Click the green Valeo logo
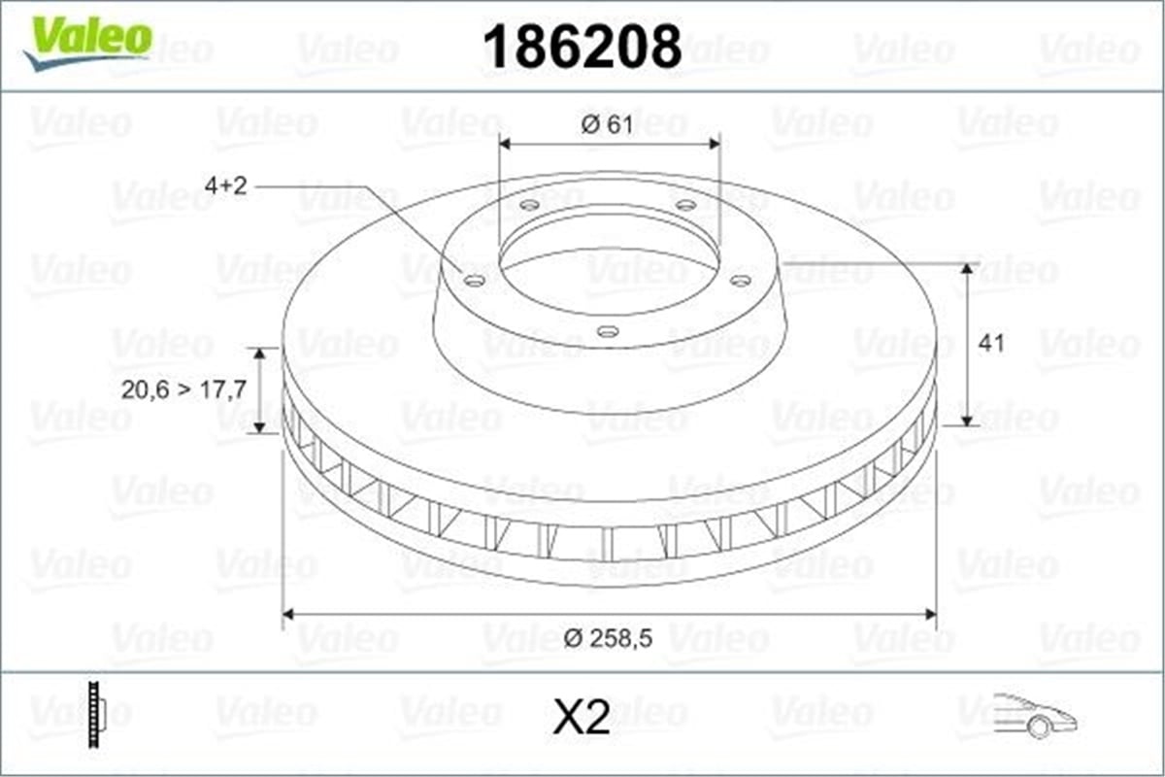pyautogui.click(x=88, y=43)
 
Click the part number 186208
pyautogui.click(x=582, y=47)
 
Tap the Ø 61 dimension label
pyautogui.click(x=608, y=125)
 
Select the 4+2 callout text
pyautogui.click(x=225, y=186)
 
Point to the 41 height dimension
pyautogui.click(x=991, y=344)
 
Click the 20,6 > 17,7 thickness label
pyautogui.click(x=183, y=389)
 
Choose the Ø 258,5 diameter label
pyautogui.click(x=608, y=638)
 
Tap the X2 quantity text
pyautogui.click(x=582, y=717)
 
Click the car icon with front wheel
pyautogui.click(x=1035, y=716)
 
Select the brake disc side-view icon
pyautogui.click(x=97, y=715)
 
